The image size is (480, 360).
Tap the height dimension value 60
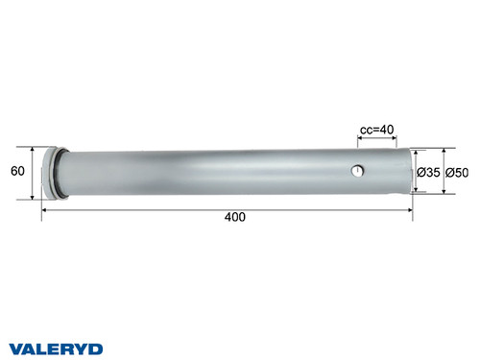(x=16, y=172)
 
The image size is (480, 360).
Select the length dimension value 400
(x=234, y=217)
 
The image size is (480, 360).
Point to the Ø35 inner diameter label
(x=429, y=172)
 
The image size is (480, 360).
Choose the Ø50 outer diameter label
(x=457, y=172)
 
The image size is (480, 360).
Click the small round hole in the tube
(x=357, y=171)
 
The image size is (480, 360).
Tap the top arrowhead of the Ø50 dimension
(x=444, y=152)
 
